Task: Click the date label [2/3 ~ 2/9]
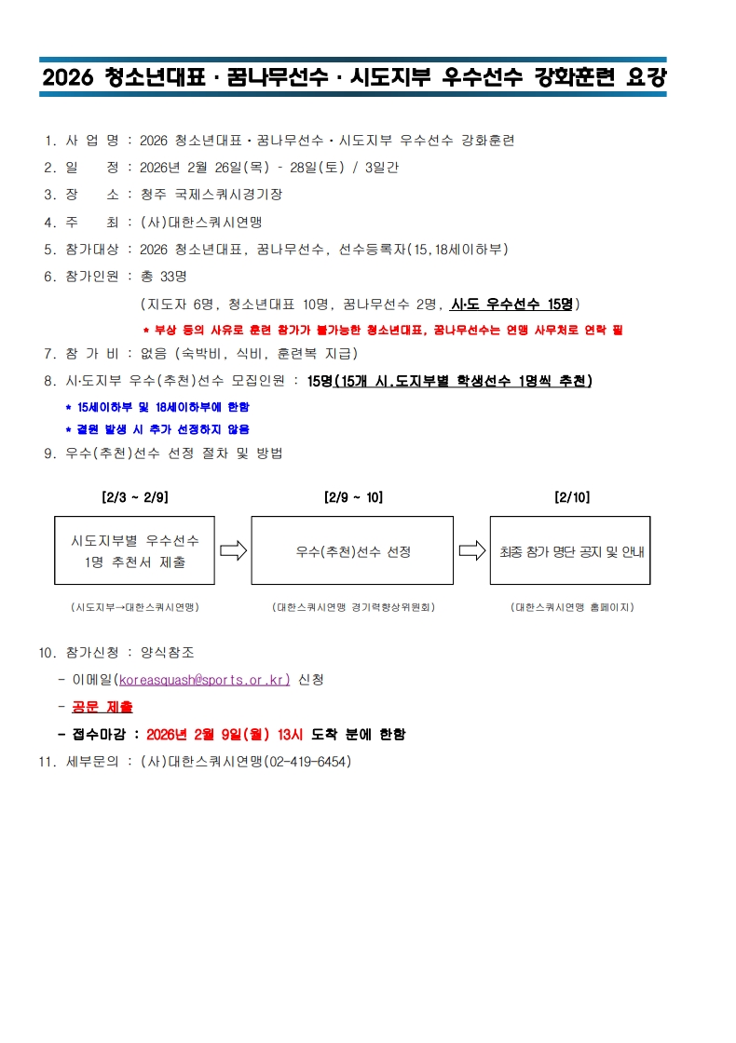[x=134, y=497]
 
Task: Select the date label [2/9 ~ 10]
[x=352, y=497]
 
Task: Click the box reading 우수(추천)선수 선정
[x=352, y=550]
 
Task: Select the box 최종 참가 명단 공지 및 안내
[x=570, y=550]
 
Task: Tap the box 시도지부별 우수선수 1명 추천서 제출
[x=134, y=550]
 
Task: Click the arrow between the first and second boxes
[x=233, y=550]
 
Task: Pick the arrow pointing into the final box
[x=472, y=550]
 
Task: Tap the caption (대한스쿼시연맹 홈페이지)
[x=571, y=607]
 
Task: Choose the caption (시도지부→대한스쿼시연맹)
[x=134, y=607]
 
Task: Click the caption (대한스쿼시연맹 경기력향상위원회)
[x=353, y=607]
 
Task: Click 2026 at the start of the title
[x=68, y=78]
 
